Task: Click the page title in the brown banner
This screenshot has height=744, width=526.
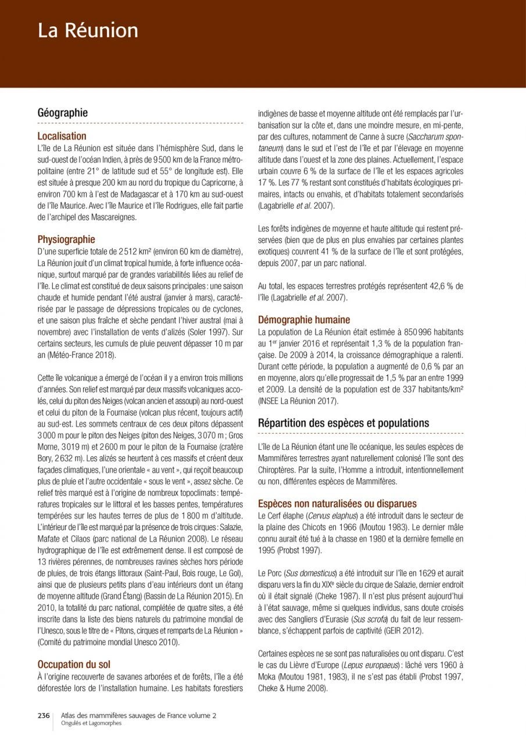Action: click(88, 30)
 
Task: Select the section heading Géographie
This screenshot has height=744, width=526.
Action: click(63, 113)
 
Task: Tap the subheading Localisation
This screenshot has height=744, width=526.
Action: click(62, 137)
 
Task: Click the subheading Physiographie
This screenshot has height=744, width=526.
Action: click(66, 239)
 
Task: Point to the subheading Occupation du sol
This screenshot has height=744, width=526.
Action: click(74, 664)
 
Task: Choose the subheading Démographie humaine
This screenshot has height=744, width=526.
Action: click(304, 320)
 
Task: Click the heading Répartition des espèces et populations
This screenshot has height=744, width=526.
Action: click(343, 423)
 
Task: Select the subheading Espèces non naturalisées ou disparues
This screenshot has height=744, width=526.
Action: click(337, 503)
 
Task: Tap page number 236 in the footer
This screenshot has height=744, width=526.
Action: click(44, 716)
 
